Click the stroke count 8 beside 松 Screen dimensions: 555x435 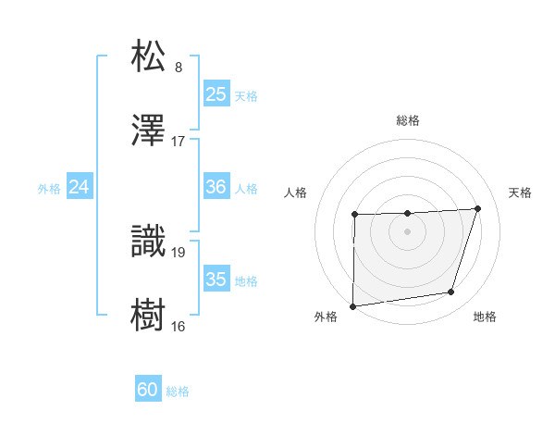(179, 68)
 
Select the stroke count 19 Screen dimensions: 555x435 (179, 251)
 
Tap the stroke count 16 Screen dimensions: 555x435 (179, 326)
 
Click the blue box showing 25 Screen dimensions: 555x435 (216, 94)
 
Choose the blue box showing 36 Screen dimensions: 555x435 (216, 187)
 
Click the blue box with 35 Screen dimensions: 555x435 (216, 280)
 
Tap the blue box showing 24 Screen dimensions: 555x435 (79, 187)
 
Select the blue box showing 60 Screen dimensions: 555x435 (147, 391)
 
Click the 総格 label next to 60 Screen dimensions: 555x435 (178, 391)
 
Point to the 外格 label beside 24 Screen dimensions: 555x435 (49, 188)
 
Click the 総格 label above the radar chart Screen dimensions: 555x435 (408, 120)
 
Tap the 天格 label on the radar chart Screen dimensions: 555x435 (521, 193)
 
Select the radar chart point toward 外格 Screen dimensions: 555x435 (352, 306)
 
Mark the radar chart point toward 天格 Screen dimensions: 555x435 (477, 208)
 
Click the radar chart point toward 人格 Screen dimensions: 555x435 (355, 216)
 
